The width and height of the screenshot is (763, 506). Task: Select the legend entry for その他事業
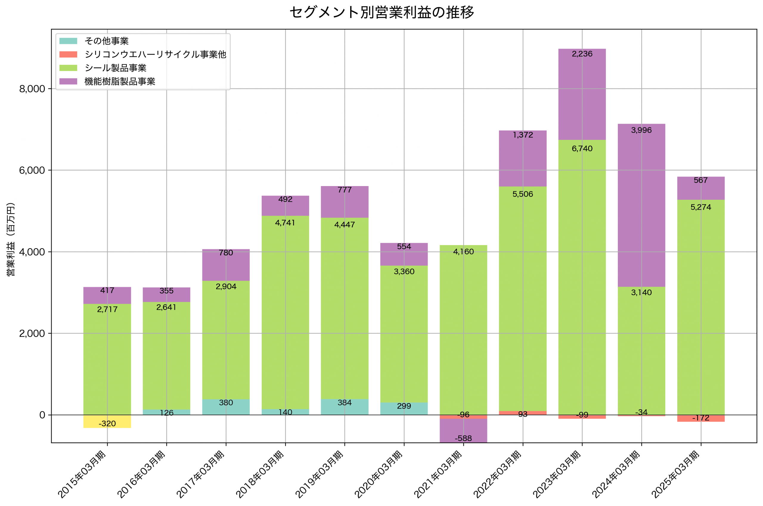(106, 41)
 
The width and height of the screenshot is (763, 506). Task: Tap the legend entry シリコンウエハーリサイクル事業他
(155, 55)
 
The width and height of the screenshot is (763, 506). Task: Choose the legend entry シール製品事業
(115, 68)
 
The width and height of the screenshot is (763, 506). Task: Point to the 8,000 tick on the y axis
(32, 89)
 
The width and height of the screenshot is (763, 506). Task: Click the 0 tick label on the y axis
(42, 415)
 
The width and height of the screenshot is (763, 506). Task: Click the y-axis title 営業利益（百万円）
(11, 239)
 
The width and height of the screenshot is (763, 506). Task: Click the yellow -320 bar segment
(107, 421)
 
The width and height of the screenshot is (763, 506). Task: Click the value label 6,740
(582, 149)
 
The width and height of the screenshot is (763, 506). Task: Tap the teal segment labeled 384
(345, 407)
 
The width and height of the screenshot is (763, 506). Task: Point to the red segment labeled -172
(700, 419)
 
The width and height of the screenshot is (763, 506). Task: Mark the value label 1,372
(522, 135)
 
